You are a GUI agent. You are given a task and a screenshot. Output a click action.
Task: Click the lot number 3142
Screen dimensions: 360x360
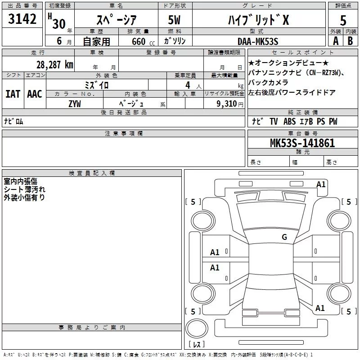[22, 19]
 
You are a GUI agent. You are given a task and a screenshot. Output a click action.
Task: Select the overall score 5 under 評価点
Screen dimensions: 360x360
[343, 21]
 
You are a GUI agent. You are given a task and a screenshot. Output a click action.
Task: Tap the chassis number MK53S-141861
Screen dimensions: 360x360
[302, 143]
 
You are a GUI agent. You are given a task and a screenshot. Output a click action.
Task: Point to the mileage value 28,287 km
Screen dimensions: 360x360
[54, 65]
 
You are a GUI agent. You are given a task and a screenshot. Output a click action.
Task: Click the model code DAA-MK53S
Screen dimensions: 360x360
[258, 41]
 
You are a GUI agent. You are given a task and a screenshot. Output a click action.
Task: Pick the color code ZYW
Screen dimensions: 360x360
[75, 104]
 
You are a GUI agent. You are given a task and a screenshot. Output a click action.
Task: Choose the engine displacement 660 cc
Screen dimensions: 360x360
[143, 42]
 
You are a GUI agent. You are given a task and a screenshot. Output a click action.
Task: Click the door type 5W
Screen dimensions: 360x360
[174, 20]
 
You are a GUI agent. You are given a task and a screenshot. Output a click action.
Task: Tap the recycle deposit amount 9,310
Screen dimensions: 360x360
[227, 104]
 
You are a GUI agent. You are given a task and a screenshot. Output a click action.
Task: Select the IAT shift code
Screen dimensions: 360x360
[13, 94]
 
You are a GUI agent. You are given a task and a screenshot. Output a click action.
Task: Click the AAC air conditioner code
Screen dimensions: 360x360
[35, 94]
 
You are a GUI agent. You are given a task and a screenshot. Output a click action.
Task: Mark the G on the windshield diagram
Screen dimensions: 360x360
[284, 237]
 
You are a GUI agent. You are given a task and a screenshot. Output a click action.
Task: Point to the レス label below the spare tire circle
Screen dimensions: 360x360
[197, 344]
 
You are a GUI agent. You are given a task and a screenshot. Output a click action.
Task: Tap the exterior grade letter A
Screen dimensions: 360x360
[336, 41]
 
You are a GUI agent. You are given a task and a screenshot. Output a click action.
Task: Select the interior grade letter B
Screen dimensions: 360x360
[350, 41]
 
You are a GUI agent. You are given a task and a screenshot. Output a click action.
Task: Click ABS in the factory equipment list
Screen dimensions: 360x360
[289, 121]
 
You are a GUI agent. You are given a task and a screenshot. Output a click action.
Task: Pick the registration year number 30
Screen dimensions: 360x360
[59, 24]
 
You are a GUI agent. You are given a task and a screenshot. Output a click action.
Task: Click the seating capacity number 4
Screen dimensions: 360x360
[188, 85]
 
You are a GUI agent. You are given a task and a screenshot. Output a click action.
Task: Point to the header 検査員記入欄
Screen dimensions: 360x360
[92, 173]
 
